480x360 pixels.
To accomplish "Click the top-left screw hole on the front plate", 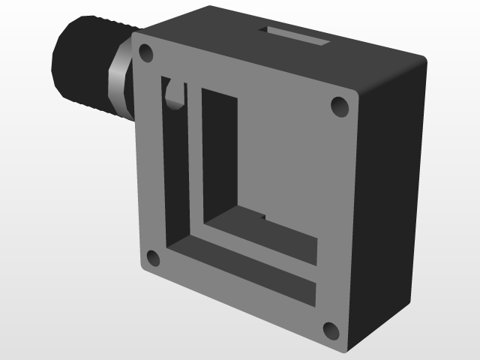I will [145, 53].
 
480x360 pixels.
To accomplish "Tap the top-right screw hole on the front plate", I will [340, 106].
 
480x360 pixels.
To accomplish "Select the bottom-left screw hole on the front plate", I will [152, 259].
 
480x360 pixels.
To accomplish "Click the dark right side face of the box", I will [390, 202].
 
